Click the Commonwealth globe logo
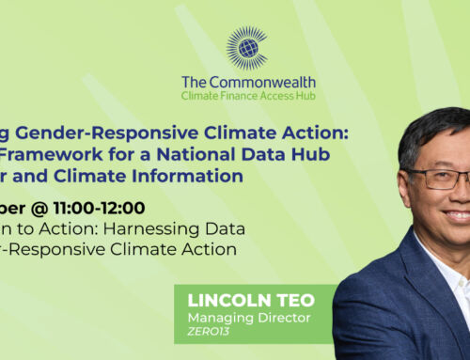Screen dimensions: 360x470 (247, 48)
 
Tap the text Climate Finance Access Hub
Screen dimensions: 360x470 (247, 96)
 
